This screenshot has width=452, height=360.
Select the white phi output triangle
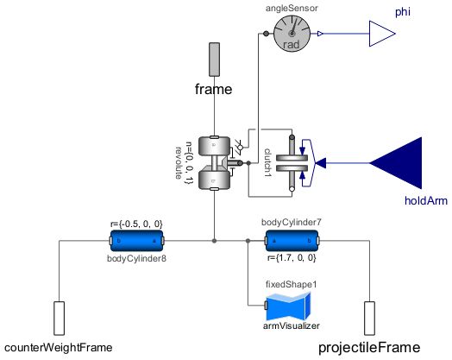tap(380, 34)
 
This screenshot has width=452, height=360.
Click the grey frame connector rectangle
tap(215, 58)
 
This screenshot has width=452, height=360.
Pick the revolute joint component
tap(215, 161)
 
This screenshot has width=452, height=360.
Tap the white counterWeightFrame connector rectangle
tap(60, 319)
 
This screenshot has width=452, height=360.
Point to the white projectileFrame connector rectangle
tap(370, 319)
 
